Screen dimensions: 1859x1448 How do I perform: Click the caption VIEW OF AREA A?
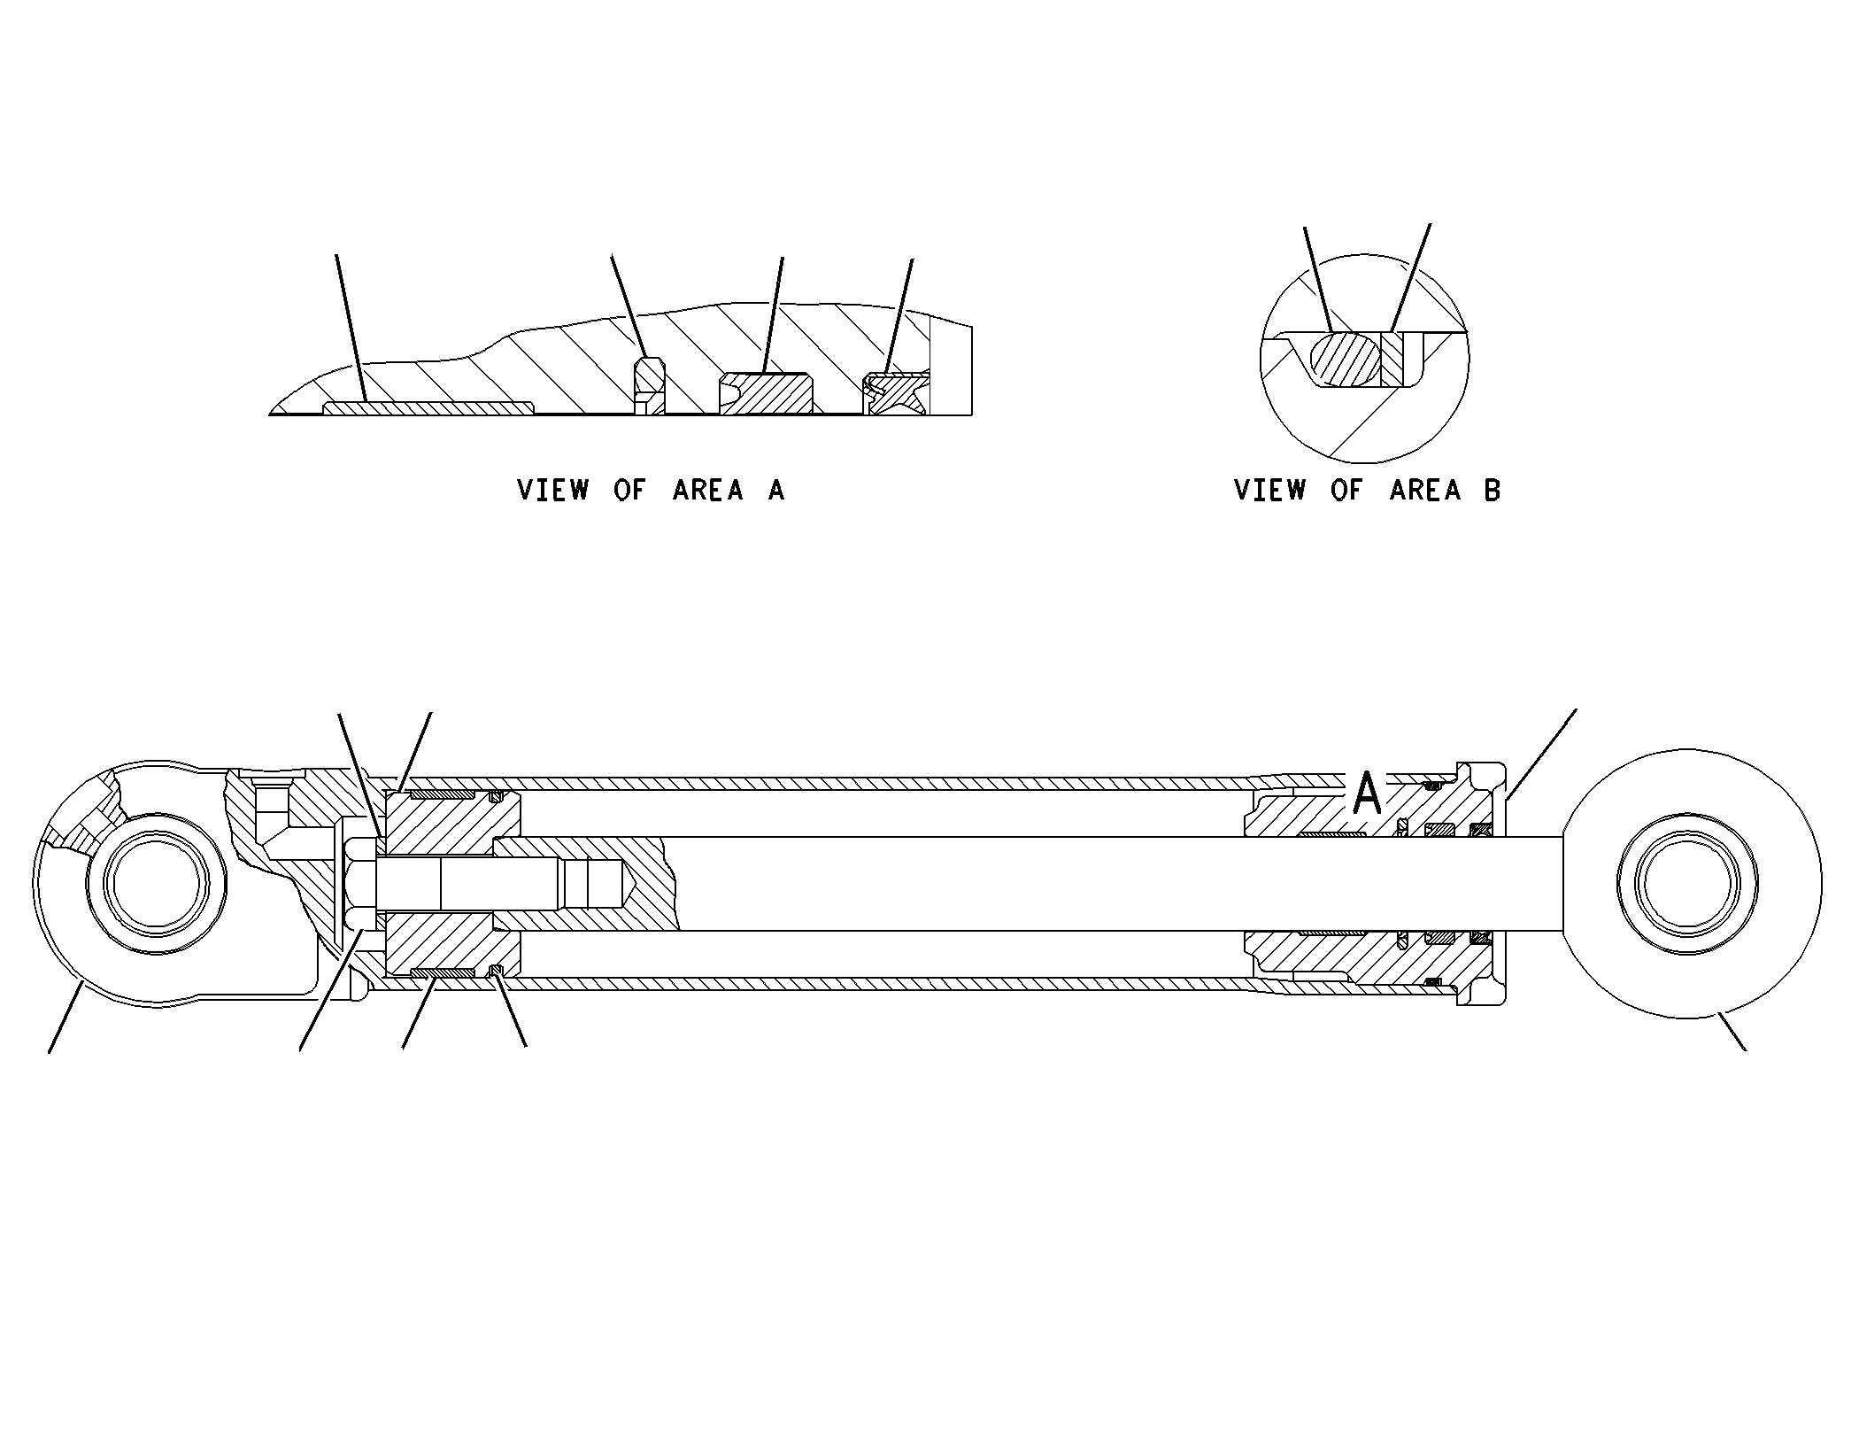pos(651,490)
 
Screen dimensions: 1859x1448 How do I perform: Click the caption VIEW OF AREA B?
pos(1367,490)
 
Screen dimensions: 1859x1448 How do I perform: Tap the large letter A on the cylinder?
pos(1368,793)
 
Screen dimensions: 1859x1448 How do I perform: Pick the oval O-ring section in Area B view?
pos(1346,360)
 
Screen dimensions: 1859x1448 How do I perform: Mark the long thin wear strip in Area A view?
pos(428,407)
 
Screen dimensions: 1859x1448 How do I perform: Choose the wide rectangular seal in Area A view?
pos(767,394)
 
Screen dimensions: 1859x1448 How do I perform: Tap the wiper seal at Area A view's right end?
pos(896,394)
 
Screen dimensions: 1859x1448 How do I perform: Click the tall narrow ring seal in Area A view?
pos(651,386)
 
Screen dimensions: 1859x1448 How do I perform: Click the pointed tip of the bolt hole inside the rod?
pos(629,883)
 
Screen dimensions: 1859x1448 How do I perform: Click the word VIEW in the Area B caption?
pos(1269,490)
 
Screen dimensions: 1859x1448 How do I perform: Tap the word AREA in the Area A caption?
pos(708,490)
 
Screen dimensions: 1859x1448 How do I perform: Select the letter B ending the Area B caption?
pos(1493,490)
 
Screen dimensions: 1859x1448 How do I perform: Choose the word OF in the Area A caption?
pos(630,490)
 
